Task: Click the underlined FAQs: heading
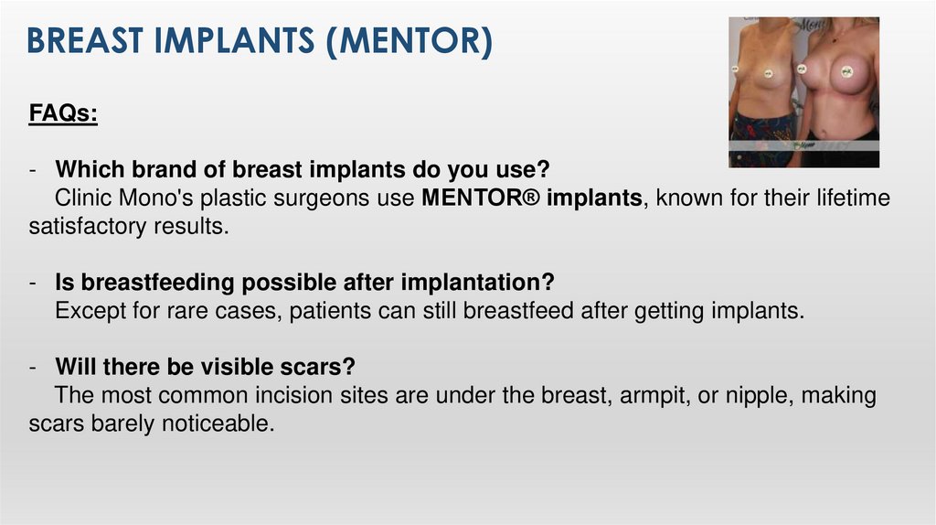63,114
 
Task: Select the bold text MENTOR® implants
532,198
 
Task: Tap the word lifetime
843,198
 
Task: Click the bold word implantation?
478,284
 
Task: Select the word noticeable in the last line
225,424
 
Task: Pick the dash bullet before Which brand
32,170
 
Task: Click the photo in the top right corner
803,92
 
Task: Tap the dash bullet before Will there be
32,368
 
